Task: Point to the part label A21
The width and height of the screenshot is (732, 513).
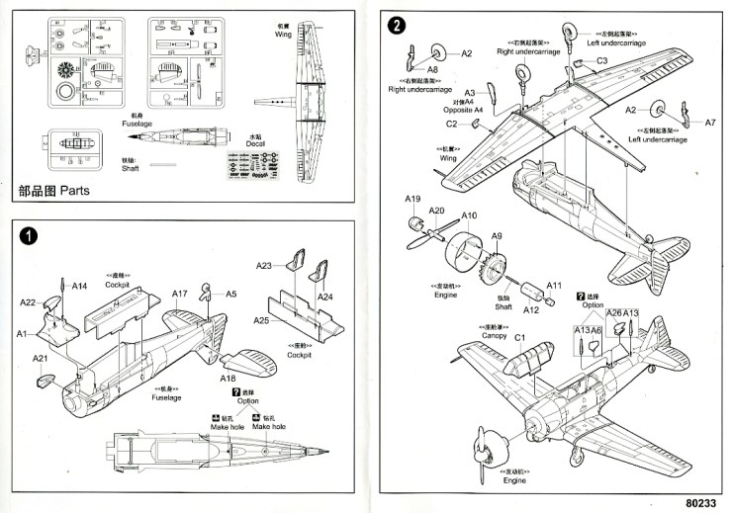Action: [40, 358]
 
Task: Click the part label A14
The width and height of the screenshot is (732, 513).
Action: [80, 286]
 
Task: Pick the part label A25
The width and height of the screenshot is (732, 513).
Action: [262, 320]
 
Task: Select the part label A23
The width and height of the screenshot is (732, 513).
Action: [264, 266]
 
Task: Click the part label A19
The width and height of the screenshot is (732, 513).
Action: [413, 199]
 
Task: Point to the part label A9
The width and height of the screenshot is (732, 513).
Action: [498, 236]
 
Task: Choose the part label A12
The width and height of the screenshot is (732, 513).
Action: [530, 309]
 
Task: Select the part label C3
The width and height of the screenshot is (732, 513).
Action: [601, 61]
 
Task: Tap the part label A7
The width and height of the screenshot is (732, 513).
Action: [709, 123]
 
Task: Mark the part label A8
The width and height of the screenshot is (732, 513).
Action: [432, 70]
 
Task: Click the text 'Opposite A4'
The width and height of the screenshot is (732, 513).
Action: [463, 110]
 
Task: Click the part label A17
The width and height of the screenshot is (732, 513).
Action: [179, 294]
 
